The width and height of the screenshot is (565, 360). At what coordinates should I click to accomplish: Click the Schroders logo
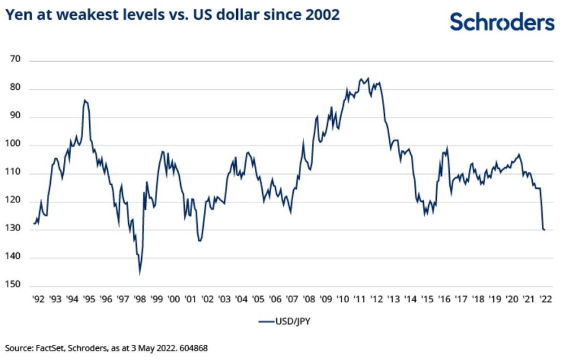[502, 22]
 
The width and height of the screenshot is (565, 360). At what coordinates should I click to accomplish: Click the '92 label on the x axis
[38, 298]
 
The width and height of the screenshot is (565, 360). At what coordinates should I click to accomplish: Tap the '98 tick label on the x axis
[140, 298]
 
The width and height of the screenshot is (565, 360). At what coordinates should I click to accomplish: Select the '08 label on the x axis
[309, 298]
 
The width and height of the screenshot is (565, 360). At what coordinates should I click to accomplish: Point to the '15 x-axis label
[427, 298]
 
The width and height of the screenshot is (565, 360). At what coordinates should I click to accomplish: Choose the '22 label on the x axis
[546, 298]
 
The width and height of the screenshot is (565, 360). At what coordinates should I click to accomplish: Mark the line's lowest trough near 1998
[140, 274]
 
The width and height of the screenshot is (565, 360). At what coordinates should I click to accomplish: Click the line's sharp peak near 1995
[85, 100]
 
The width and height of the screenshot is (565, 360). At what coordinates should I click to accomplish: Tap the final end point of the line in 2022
[545, 229]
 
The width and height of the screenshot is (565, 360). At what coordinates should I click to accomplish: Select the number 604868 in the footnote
[193, 348]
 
